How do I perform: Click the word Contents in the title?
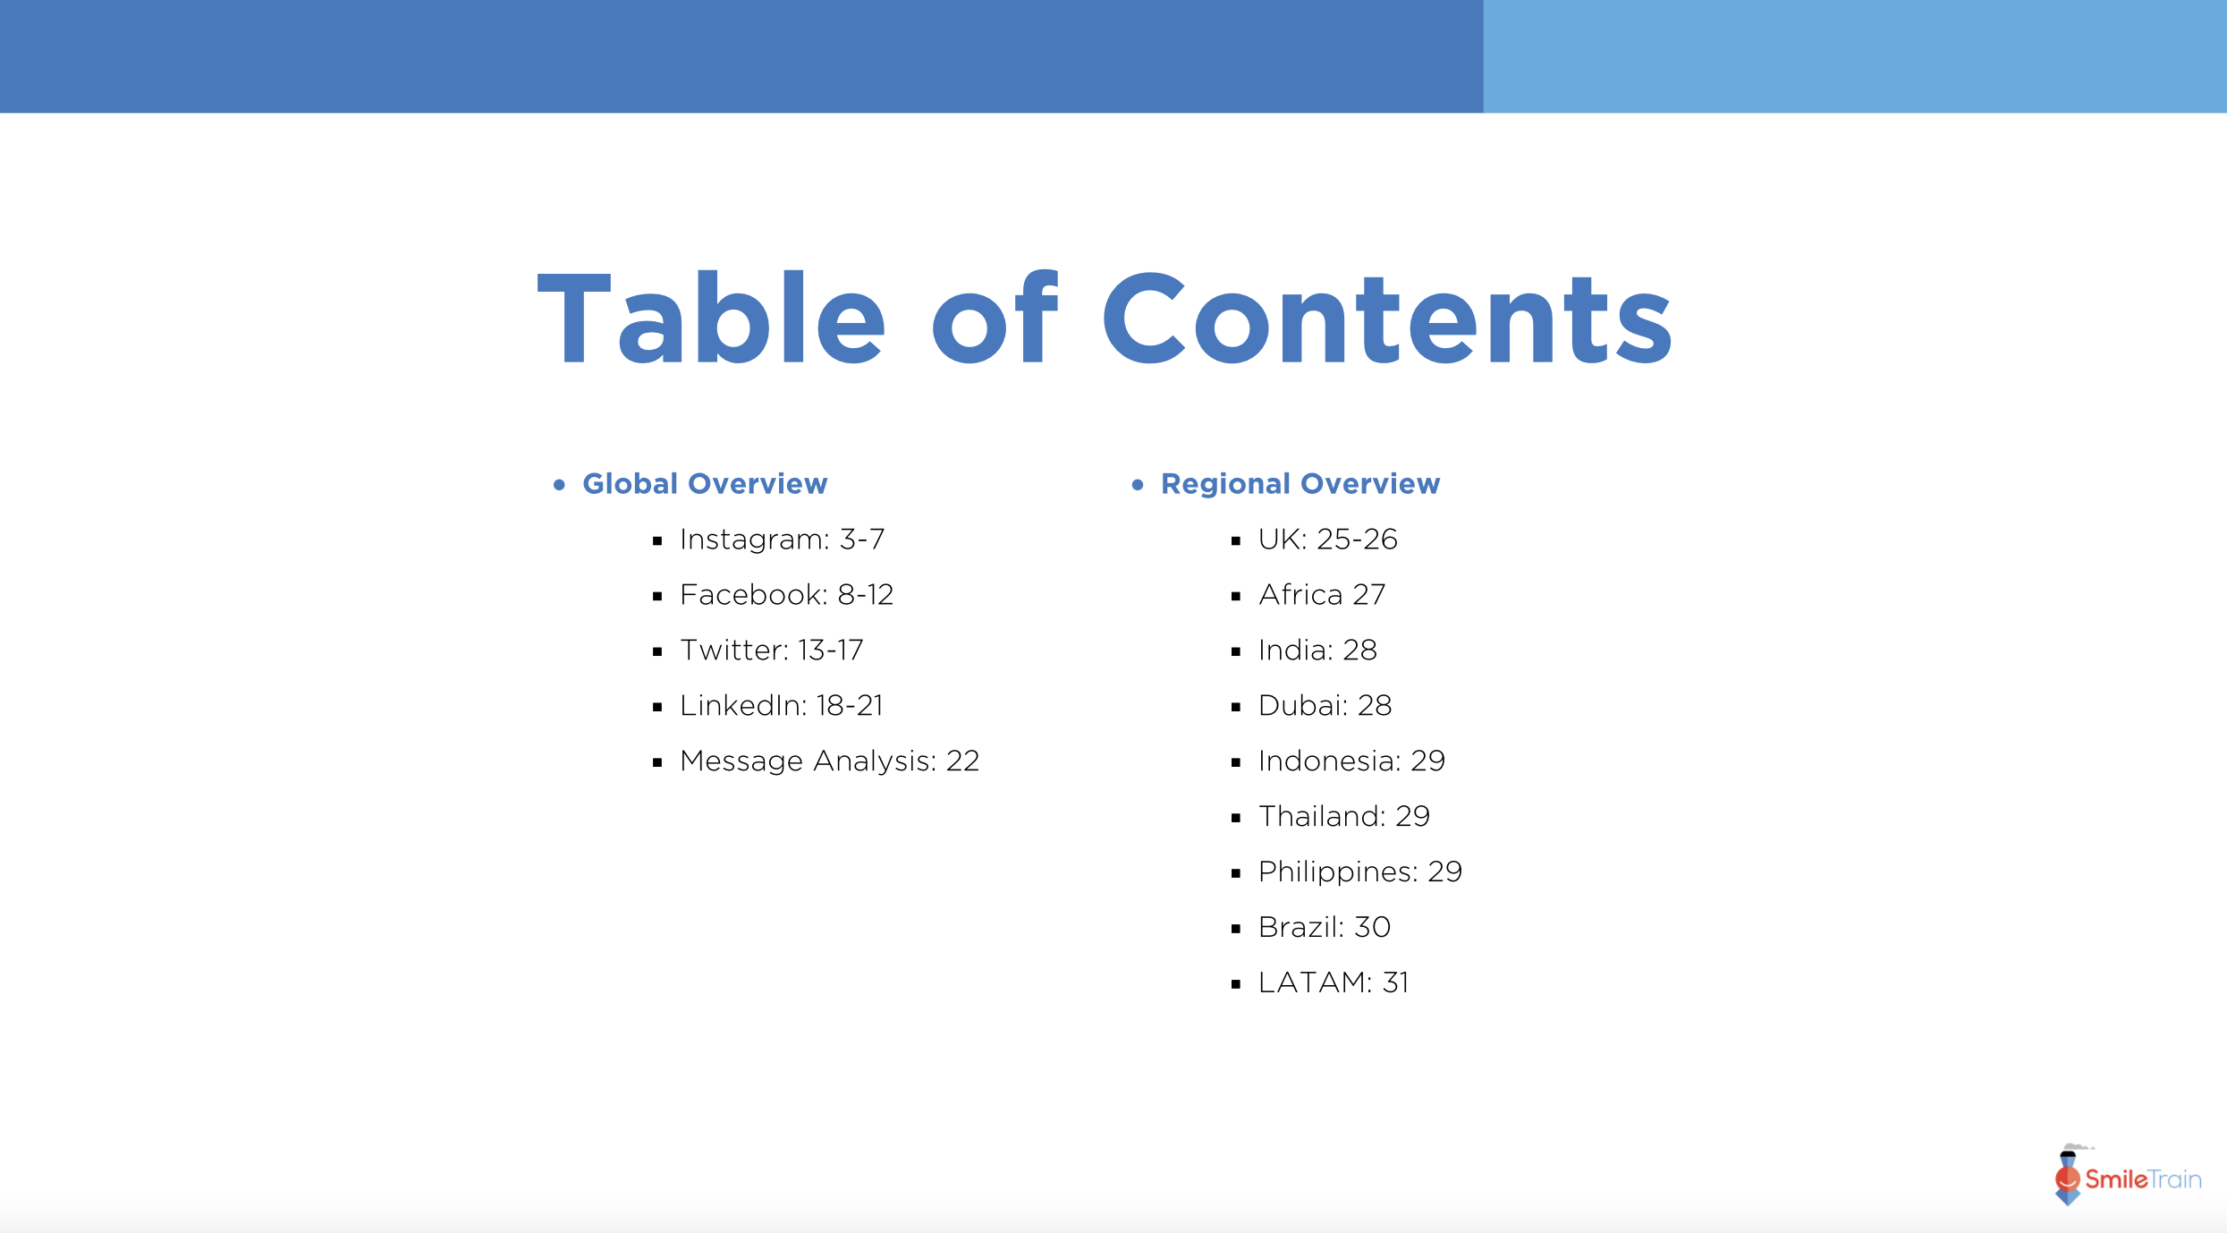(1386, 319)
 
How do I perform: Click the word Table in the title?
(711, 319)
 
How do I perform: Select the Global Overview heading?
(705, 484)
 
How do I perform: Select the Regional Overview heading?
(1300, 484)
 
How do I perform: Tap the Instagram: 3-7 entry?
(782, 540)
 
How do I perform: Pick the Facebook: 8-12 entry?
(786, 595)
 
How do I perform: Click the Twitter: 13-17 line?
(771, 651)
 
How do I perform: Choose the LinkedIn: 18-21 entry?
(781, 706)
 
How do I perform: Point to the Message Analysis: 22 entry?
(829, 761)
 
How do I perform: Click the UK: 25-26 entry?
(1327, 540)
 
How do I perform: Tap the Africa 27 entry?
(1322, 595)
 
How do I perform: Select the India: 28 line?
(1317, 651)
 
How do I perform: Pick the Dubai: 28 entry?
(1325, 706)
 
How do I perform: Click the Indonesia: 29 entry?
(1351, 761)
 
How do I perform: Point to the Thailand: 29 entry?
(1343, 817)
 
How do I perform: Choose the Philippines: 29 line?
(1359, 872)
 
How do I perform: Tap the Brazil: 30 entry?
(1324, 928)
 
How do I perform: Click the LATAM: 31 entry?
(1333, 983)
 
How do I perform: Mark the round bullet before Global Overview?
(560, 485)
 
